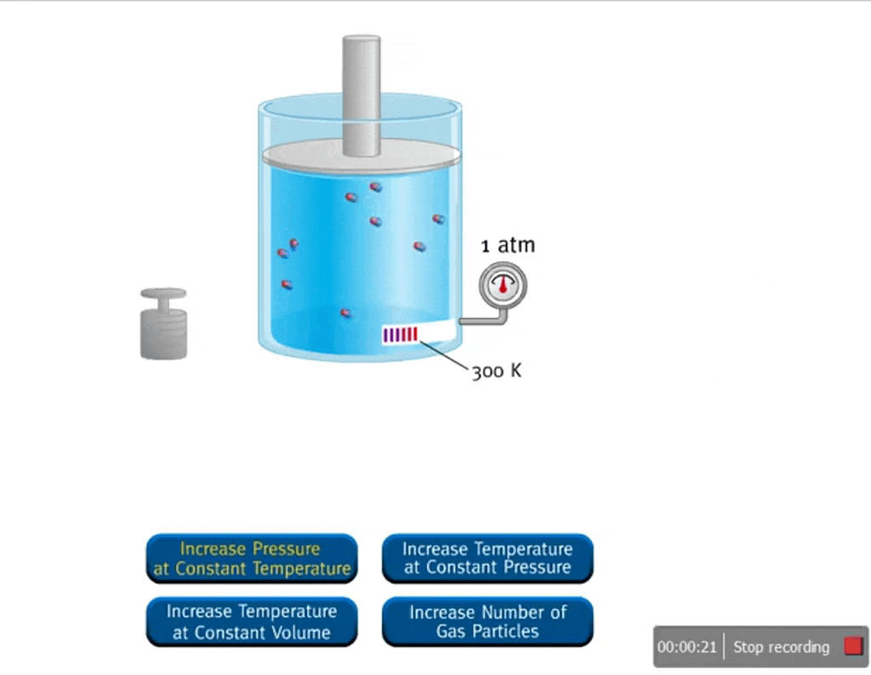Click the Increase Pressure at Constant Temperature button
pyautogui.click(x=251, y=559)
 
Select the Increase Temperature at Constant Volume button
pyautogui.click(x=251, y=621)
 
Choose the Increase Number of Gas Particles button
pyautogui.click(x=487, y=621)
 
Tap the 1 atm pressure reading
pyautogui.click(x=508, y=246)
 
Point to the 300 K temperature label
pyautogui.click(x=497, y=372)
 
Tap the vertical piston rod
pyautogui.click(x=361, y=94)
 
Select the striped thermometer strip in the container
pyautogui.click(x=401, y=335)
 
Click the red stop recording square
pyautogui.click(x=853, y=647)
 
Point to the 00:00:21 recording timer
pyautogui.click(x=688, y=647)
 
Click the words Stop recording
pyautogui.click(x=781, y=647)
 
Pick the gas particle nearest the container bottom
pyautogui.click(x=345, y=313)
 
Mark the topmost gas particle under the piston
pyautogui.click(x=375, y=187)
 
